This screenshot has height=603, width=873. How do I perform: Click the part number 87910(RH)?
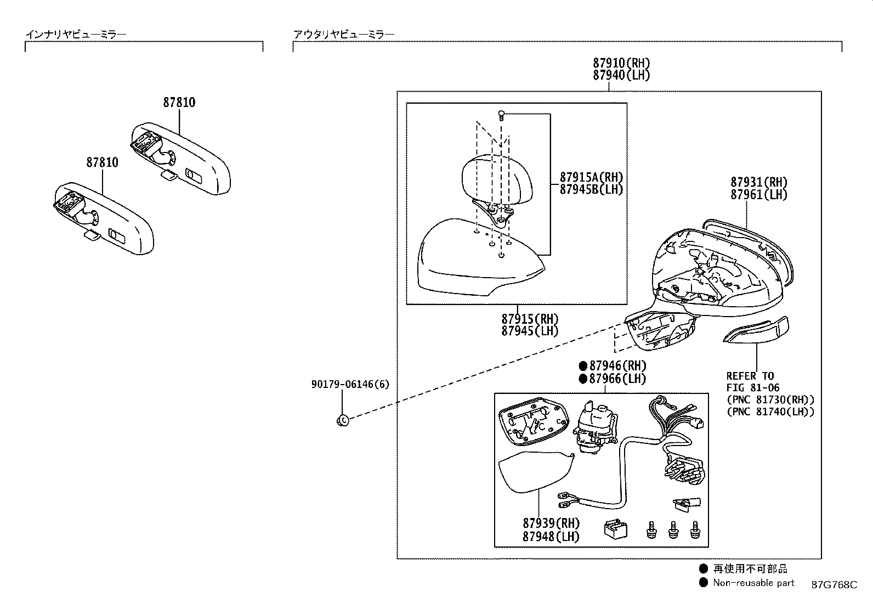pos(621,63)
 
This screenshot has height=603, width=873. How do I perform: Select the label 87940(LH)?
pos(621,75)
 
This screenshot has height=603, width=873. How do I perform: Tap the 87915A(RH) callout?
pos(591,177)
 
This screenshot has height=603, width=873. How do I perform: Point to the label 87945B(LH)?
pos(591,189)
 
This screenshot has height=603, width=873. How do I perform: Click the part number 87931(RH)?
pos(758,182)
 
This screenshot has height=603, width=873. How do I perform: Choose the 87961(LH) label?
pos(758,194)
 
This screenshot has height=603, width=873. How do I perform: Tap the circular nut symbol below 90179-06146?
pos(342,420)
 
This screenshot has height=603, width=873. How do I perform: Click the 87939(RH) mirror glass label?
pos(551,523)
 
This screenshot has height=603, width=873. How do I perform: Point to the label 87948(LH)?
pos(551,536)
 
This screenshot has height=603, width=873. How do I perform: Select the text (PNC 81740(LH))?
pos(770,412)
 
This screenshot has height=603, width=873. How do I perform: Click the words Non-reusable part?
pos(753,583)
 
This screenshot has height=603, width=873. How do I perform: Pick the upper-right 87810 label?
pos(179,102)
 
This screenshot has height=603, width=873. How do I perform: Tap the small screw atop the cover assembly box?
pos(501,115)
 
